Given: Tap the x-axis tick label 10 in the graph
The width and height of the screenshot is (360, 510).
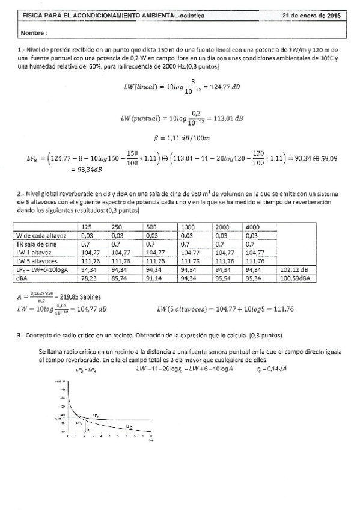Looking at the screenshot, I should tap(152, 435).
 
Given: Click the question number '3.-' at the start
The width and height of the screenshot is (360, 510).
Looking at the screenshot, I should tap(23, 334).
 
